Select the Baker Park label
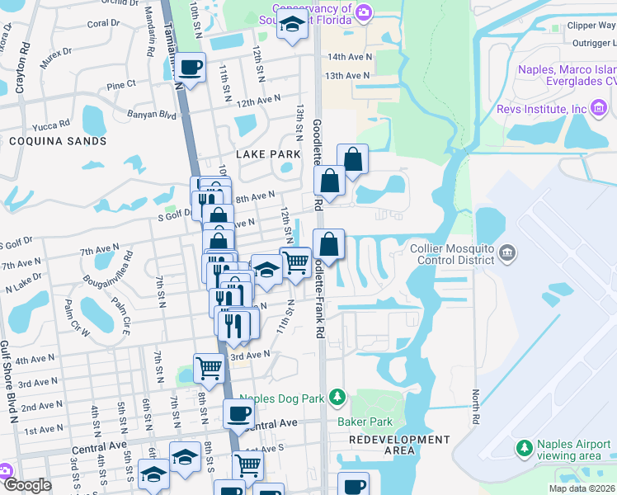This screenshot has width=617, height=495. click(x=360, y=422)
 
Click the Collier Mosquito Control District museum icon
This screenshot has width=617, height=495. click(x=507, y=252)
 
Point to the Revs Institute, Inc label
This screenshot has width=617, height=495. click(x=541, y=109)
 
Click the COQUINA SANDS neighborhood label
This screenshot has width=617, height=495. click(x=58, y=141)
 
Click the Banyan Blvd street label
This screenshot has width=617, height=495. click(x=151, y=114)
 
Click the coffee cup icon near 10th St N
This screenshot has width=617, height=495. click(x=191, y=68)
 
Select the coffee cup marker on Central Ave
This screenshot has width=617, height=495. click(x=238, y=414)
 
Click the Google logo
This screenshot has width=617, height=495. click(x=27, y=485)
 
